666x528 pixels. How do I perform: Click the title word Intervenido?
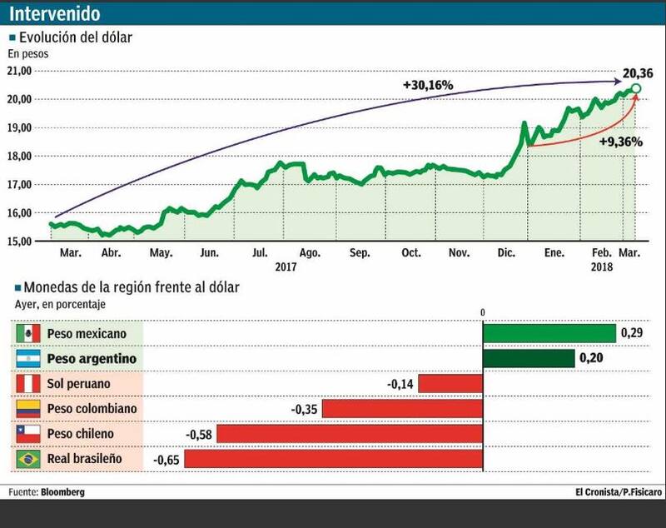[57, 14]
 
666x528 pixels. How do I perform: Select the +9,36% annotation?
[620, 142]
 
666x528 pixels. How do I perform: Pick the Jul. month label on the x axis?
[261, 253]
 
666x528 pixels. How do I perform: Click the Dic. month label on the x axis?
[504, 253]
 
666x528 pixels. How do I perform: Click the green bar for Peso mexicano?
[549, 333]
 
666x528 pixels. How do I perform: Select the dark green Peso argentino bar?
[529, 358]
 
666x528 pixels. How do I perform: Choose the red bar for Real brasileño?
[333, 459]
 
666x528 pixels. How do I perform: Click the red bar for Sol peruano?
[450, 383]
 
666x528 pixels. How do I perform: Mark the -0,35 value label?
[305, 409]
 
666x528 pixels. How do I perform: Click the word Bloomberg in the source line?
[62, 492]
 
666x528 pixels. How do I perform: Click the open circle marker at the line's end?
[636, 88]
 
